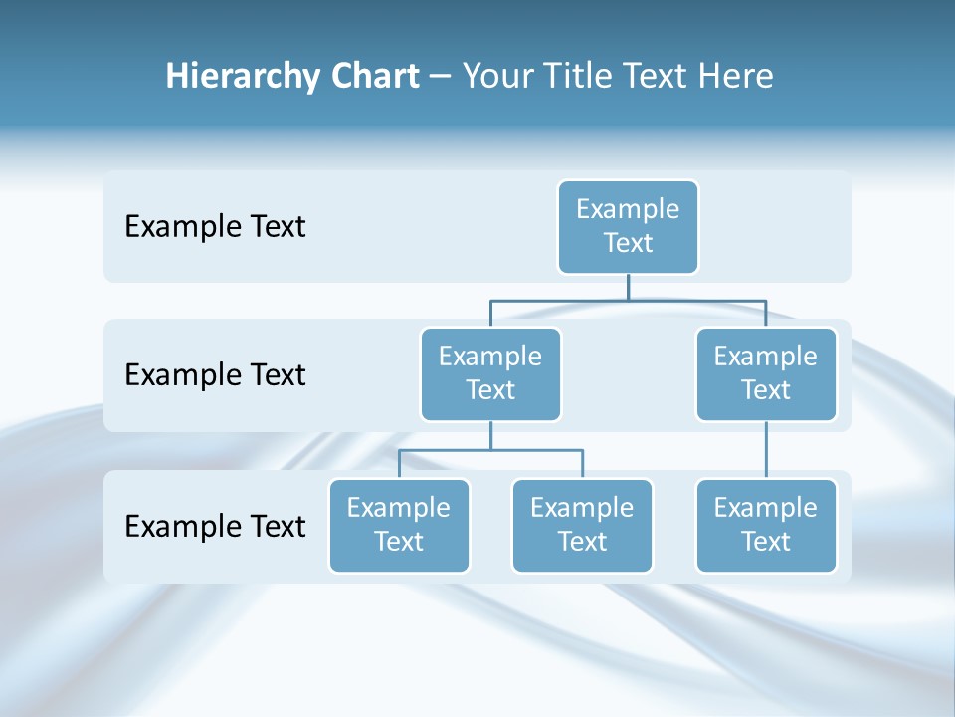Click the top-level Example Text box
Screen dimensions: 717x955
628,226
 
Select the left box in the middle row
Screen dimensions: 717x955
490,373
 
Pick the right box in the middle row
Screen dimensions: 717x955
765,373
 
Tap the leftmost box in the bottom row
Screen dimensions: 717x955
399,525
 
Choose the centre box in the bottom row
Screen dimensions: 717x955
582,525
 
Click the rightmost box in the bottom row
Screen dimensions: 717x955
765,525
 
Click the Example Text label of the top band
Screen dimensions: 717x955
215,227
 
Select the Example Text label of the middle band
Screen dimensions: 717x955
215,375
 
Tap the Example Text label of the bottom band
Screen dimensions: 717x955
215,526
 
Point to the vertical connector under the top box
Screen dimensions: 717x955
628,287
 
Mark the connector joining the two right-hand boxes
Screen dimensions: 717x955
766,450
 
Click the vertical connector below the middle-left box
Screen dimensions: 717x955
490,435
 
